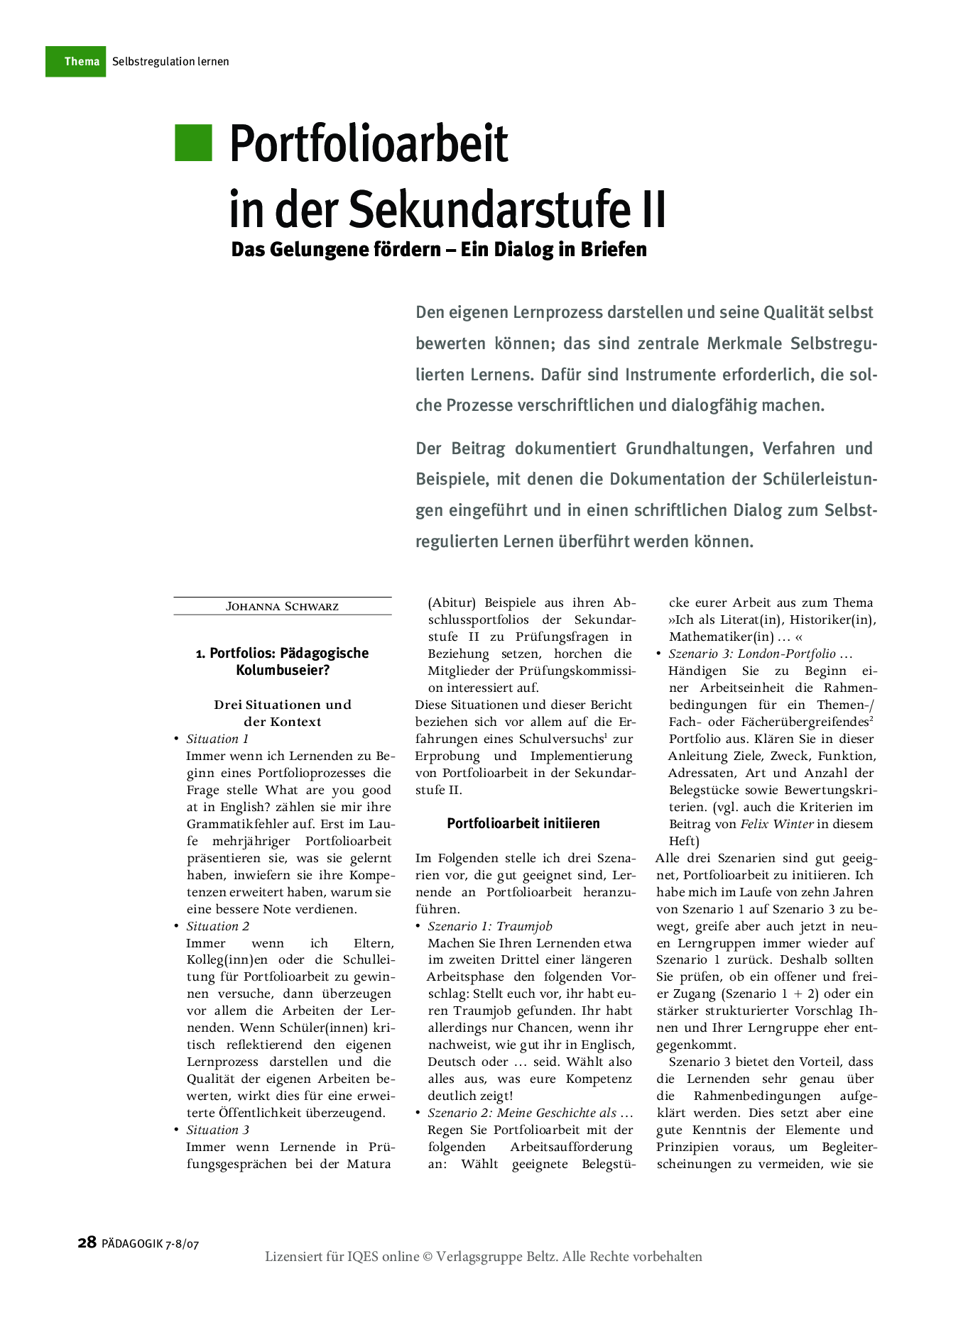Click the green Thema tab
click(76, 62)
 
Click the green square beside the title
click(193, 143)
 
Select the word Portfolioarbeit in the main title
click(369, 144)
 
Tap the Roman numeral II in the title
click(651, 209)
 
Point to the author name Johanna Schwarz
click(282, 607)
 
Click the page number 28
click(87, 1243)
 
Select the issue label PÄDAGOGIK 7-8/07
click(150, 1244)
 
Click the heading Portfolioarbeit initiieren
click(523, 823)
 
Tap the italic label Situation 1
click(217, 739)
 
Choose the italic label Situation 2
click(217, 926)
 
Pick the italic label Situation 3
click(217, 1130)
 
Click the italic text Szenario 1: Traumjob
click(489, 926)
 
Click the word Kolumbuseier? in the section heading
click(283, 670)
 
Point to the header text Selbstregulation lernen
click(170, 62)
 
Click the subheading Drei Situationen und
click(283, 705)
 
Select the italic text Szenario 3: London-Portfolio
click(752, 654)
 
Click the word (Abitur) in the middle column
click(452, 602)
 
